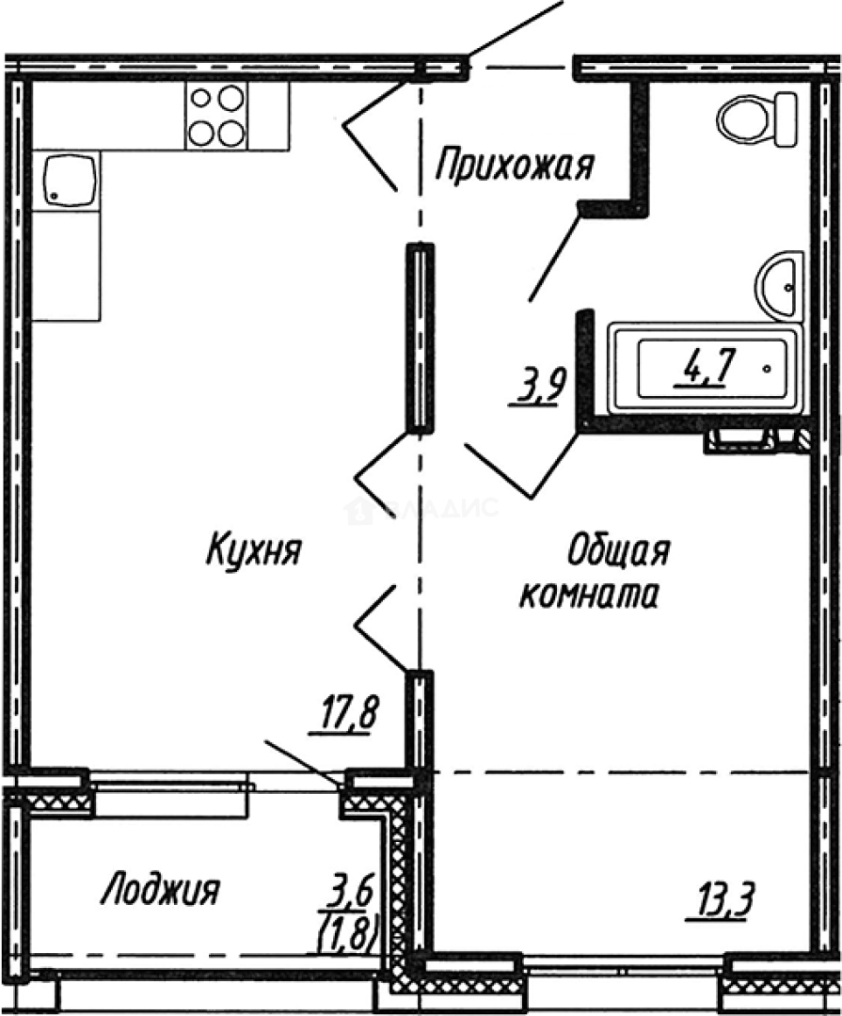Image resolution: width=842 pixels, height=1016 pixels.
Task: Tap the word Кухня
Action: pos(252,550)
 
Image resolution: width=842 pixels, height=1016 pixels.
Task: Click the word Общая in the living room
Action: pos(618,551)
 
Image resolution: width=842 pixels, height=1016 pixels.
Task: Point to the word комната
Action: pos(588,595)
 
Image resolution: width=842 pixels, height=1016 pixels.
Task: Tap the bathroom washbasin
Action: pos(780,284)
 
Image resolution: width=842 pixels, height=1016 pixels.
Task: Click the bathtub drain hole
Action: pos(769,370)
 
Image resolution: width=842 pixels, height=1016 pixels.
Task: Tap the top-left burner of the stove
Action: pos(200,98)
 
